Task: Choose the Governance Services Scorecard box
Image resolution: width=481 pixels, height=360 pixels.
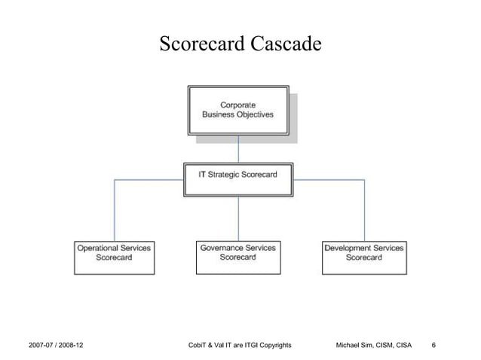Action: coord(238,255)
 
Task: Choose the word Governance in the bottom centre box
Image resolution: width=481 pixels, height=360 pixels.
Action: coord(219,247)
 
